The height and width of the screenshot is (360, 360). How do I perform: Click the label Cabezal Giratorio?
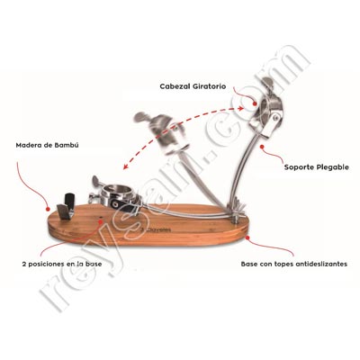coord(193,86)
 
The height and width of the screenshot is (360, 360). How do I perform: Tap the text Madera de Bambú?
coord(47,146)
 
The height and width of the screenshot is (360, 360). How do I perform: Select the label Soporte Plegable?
coord(317,167)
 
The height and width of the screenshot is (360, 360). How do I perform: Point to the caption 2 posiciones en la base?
coord(62,265)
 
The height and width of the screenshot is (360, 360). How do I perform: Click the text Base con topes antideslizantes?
coord(294,265)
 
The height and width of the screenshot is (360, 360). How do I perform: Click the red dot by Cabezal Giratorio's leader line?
coord(255,104)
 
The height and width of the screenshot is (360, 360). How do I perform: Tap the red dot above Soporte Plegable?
coord(262,147)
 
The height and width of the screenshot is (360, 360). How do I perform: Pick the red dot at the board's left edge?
coord(47,209)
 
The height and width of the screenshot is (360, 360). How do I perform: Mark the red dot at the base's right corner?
coord(247,238)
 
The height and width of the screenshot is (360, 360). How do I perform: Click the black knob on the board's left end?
coord(69,201)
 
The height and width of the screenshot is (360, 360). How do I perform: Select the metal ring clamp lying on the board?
coord(120,197)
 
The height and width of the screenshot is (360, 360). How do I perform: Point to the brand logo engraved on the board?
coord(156,230)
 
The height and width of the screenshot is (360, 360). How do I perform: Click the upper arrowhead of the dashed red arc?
coord(241,108)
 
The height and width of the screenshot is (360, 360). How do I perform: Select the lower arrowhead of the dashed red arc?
coord(126,166)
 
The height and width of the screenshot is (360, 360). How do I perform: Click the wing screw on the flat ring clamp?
coord(98,181)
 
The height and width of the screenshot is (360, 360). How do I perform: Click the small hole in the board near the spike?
coord(101,218)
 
